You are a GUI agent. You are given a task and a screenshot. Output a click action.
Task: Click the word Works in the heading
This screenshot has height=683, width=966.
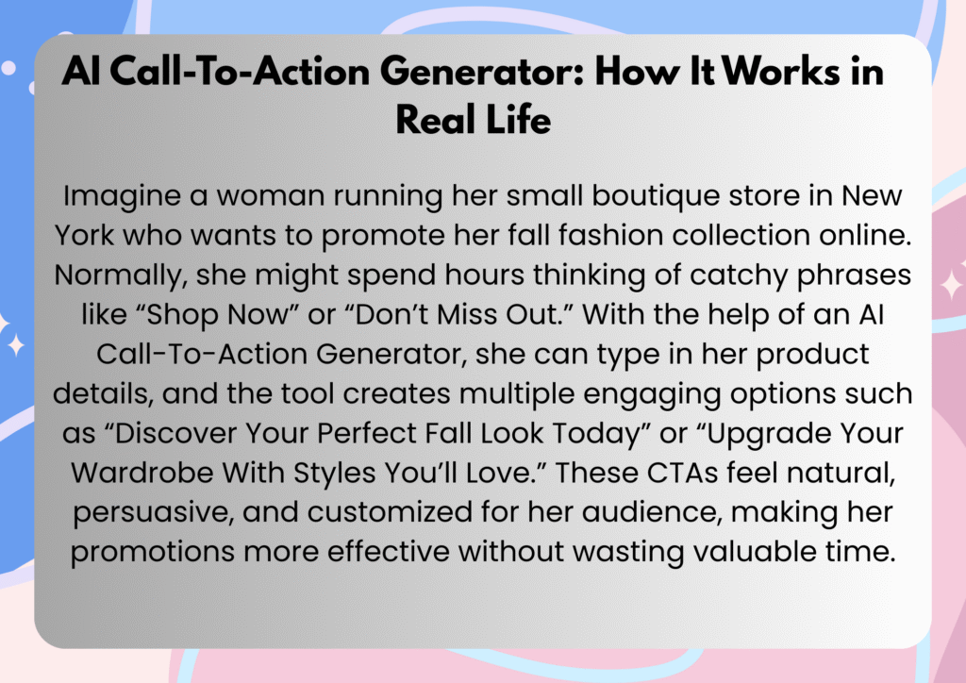coord(780,71)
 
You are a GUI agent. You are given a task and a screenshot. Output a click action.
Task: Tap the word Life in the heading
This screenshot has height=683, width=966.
coord(518,119)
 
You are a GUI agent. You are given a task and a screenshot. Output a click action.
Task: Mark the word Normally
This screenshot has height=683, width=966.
coord(120,275)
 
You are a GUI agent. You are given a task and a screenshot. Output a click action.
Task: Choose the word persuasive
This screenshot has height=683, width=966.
coord(153,513)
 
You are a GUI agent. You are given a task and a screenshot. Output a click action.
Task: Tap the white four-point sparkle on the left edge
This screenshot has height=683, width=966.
coord(16,345)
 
